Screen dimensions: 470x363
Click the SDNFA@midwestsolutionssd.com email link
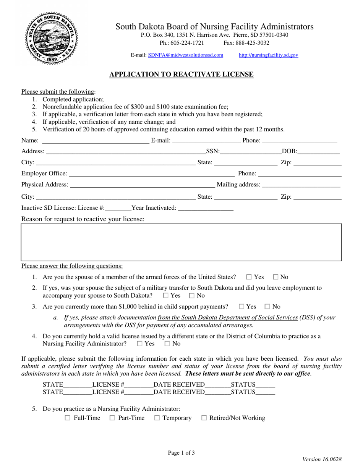tap(185, 55)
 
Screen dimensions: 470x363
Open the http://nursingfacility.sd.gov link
tap(268, 55)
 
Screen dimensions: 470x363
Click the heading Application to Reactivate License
tap(181, 75)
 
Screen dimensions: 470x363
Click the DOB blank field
tap(318, 151)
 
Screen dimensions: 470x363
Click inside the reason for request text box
tap(181, 242)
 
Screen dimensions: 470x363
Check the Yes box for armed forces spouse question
tap(249, 277)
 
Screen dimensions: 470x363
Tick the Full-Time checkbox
tap(68, 418)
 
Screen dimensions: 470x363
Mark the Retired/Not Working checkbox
tap(204, 418)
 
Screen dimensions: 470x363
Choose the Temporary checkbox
tap(157, 418)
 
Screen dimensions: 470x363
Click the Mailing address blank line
tap(301, 185)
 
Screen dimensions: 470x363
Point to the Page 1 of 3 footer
tap(181, 453)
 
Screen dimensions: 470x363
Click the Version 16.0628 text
tap(322, 459)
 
